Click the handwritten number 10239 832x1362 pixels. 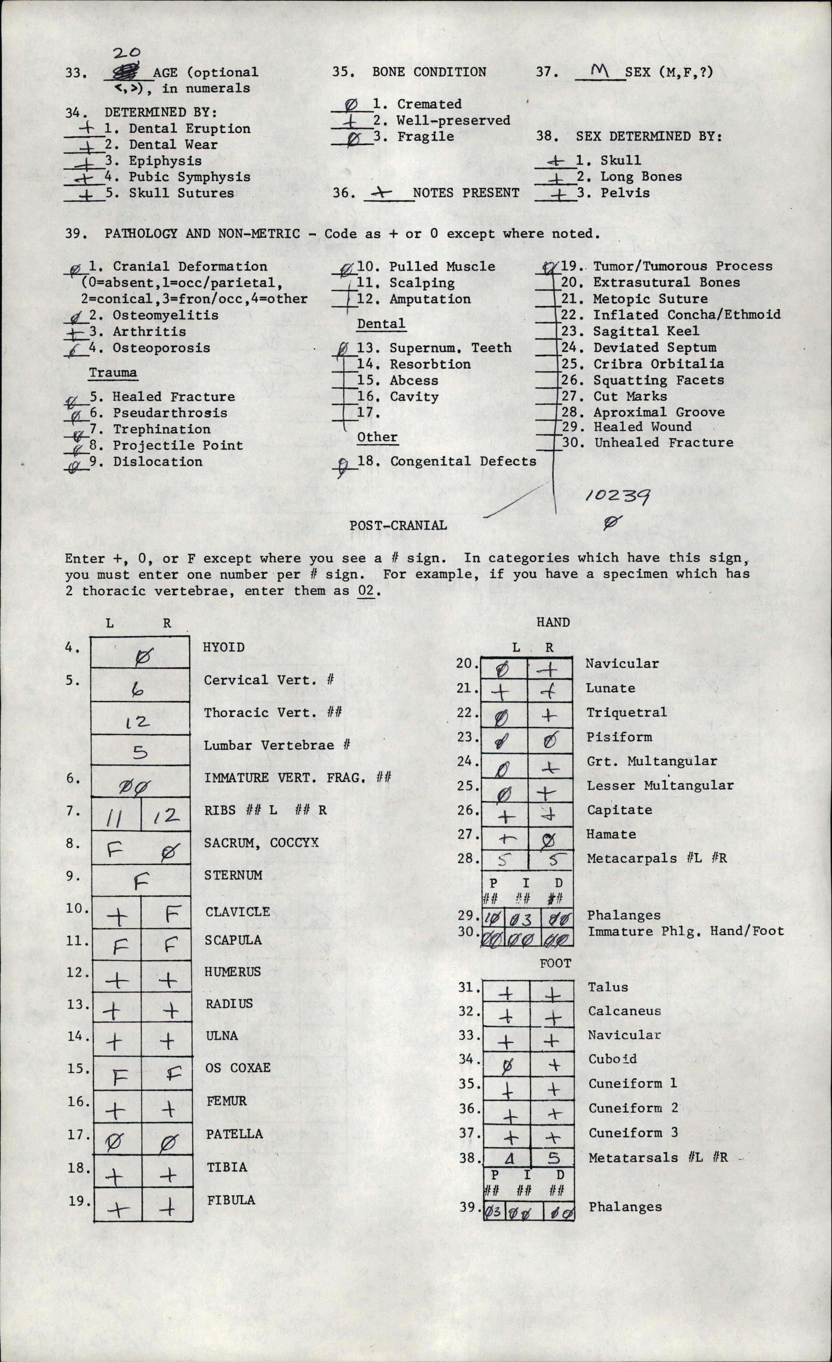tap(617, 495)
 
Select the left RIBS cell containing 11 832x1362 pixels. tap(116, 817)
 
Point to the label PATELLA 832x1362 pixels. tap(234, 1134)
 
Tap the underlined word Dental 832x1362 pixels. tap(381, 323)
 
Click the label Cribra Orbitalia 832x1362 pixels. tap(658, 364)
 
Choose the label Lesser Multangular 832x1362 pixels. tap(660, 785)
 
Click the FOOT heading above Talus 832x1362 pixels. tap(555, 963)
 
